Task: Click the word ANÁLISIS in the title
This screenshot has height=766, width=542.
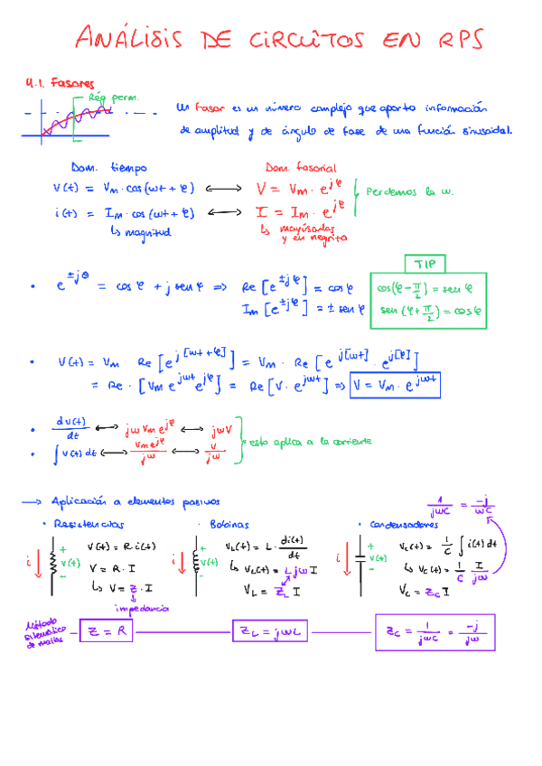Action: tap(132, 40)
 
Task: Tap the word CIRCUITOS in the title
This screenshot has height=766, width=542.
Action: tap(301, 40)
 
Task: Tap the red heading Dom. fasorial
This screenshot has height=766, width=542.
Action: tap(300, 168)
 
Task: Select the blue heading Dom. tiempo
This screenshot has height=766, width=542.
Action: tap(109, 168)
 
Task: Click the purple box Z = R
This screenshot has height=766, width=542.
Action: tap(107, 632)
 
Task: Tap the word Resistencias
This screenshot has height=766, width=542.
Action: tap(89, 524)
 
